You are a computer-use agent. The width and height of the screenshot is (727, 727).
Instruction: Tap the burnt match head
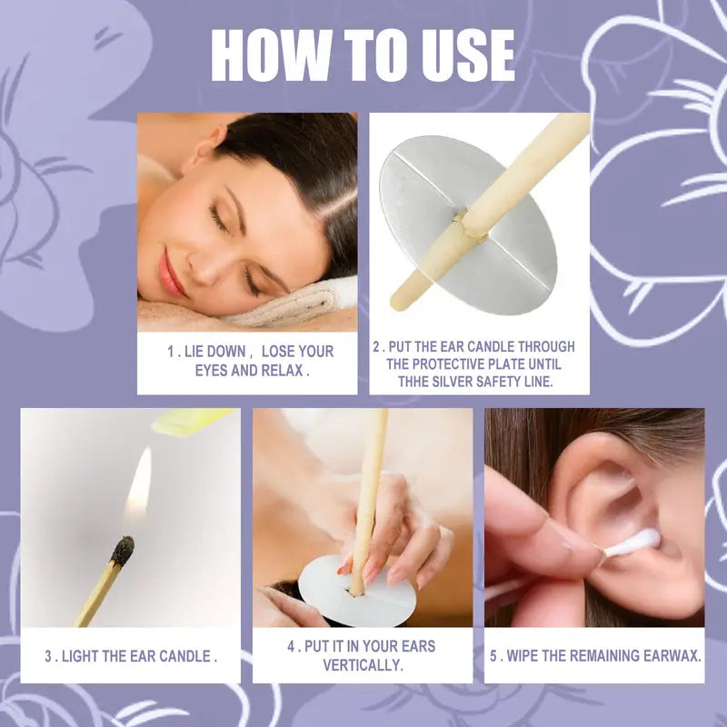coord(122,550)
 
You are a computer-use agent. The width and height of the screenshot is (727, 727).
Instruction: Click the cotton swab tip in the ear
coord(635,543)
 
